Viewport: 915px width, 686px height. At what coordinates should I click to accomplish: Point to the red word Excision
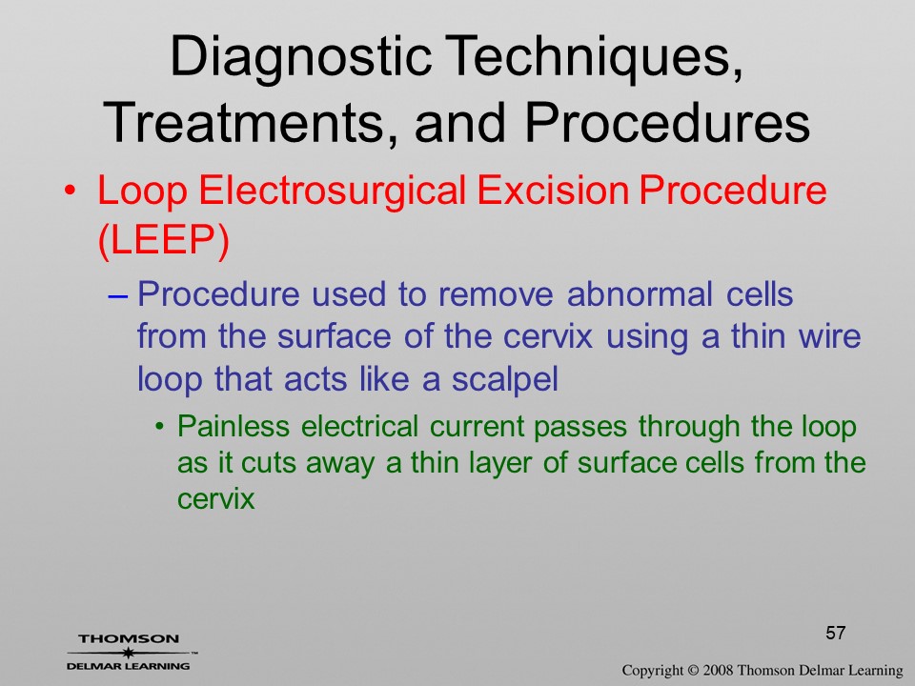pyautogui.click(x=553, y=191)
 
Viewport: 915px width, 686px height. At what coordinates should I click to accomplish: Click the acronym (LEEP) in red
pyautogui.click(x=163, y=240)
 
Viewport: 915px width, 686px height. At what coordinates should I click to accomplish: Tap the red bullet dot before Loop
pyautogui.click(x=70, y=192)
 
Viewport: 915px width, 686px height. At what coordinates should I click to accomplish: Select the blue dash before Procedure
pyautogui.click(x=118, y=295)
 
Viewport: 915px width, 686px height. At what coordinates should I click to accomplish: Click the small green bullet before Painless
pyautogui.click(x=160, y=427)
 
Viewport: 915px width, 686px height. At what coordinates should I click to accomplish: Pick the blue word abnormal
pyautogui.click(x=640, y=293)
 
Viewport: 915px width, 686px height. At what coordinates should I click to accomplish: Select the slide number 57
pyautogui.click(x=836, y=633)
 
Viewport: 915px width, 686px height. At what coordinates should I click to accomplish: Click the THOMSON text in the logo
pyautogui.click(x=129, y=639)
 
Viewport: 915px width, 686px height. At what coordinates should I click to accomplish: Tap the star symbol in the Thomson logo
pyautogui.click(x=128, y=654)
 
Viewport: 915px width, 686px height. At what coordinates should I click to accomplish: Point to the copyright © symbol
pyautogui.click(x=693, y=671)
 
